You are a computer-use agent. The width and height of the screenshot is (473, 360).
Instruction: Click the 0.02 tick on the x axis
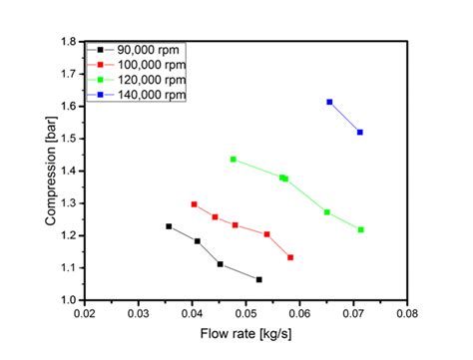(85, 313)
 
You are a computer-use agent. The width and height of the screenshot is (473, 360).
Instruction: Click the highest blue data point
(329, 102)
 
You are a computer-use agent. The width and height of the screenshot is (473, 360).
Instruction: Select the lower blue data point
(360, 132)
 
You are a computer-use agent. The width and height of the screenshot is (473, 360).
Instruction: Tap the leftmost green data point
(234, 160)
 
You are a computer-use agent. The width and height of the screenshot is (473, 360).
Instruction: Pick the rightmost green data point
(360, 229)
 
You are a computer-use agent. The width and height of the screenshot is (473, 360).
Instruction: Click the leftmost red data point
(194, 204)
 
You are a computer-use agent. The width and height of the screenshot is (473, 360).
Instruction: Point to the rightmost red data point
(290, 257)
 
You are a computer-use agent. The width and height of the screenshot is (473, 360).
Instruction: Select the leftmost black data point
(169, 226)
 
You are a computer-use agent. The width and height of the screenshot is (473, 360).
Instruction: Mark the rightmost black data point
(258, 280)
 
